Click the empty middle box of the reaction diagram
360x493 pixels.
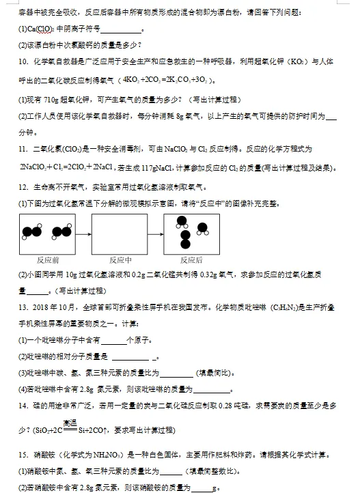pos(120,234)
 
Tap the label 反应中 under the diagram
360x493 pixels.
pos(120,260)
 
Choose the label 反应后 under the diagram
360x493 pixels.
pos(191,260)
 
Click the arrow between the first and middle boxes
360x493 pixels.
pos(84,234)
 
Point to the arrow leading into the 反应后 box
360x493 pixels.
pos(156,234)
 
